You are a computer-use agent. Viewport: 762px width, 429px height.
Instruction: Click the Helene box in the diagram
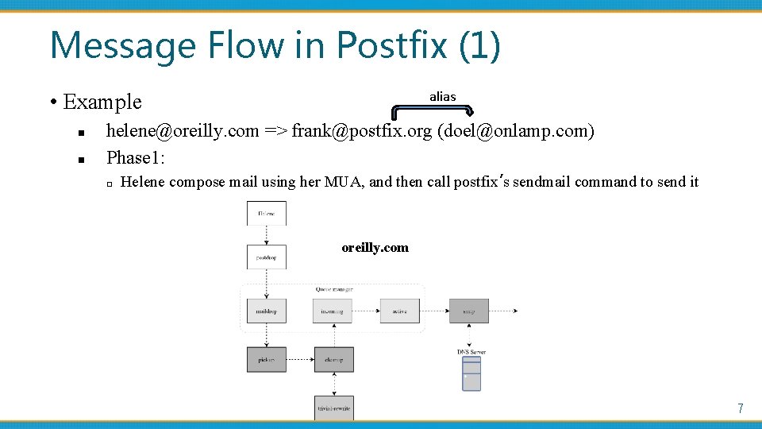tap(266, 213)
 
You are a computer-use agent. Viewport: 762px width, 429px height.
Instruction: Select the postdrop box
tap(266, 257)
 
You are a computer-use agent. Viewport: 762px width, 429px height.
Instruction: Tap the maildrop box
tap(266, 311)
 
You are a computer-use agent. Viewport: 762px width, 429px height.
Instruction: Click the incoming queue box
tap(333, 311)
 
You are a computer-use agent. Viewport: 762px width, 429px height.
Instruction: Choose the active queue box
tap(399, 311)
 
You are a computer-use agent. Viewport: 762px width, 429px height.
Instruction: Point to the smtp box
tap(468, 311)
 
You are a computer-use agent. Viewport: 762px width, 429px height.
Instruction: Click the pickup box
tap(266, 360)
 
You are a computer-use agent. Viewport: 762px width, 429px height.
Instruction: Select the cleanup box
tap(333, 360)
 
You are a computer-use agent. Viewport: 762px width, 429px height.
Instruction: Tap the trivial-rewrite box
tap(333, 408)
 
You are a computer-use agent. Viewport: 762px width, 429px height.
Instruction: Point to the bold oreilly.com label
tap(375, 247)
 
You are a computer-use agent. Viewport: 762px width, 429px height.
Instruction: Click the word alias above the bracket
tap(442, 96)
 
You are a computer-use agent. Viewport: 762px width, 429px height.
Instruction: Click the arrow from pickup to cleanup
tap(300, 360)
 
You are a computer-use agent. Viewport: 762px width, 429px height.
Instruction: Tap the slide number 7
tap(740, 408)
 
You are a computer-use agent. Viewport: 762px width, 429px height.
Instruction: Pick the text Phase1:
tap(136, 157)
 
